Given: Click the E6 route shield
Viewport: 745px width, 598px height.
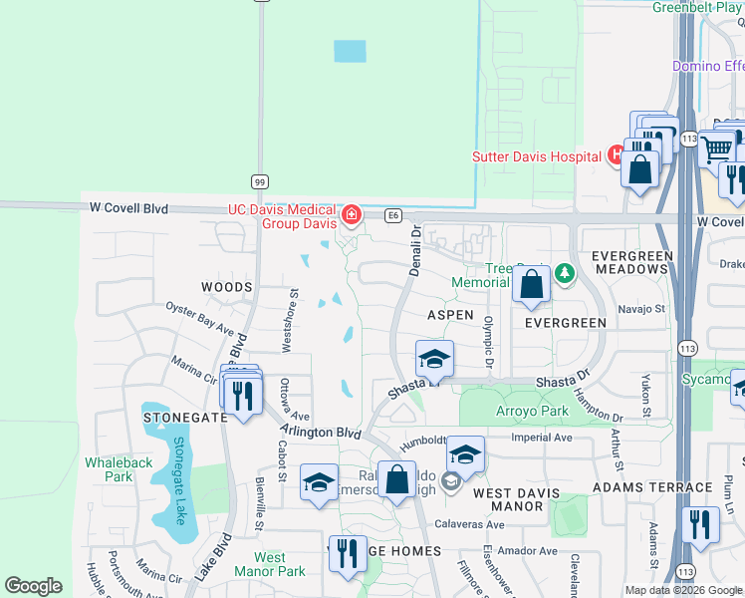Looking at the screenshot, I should pyautogui.click(x=393, y=214).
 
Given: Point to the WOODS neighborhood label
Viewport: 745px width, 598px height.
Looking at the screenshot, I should pyautogui.click(x=227, y=287).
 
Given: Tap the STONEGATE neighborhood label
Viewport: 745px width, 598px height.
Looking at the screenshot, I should pyautogui.click(x=186, y=418).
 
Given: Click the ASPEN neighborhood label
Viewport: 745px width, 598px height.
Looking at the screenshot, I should pyautogui.click(x=450, y=314).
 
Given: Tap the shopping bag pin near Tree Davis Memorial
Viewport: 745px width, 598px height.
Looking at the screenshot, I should pyautogui.click(x=532, y=284).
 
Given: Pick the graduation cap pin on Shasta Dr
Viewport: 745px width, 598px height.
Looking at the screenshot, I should pyautogui.click(x=434, y=359).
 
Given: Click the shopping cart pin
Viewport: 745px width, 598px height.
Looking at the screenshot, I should pyautogui.click(x=716, y=149).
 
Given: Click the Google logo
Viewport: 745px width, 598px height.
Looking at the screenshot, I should pyautogui.click(x=33, y=587).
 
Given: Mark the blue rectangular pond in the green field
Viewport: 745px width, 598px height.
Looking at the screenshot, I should pyautogui.click(x=350, y=51).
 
